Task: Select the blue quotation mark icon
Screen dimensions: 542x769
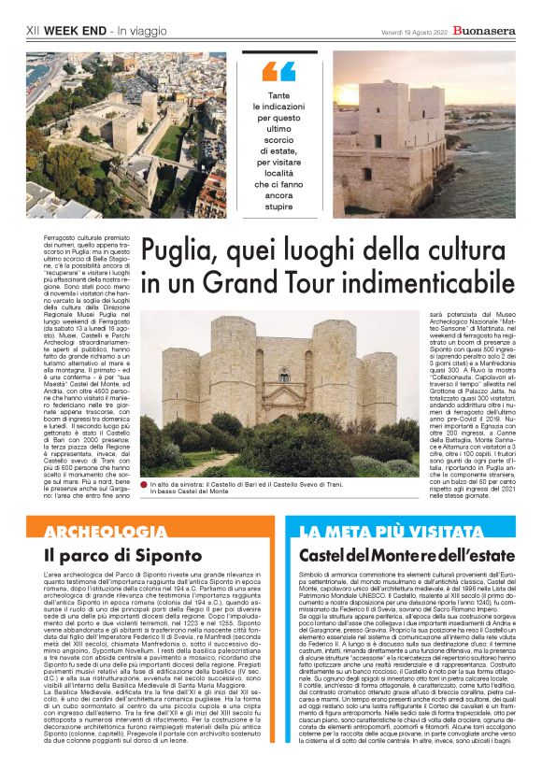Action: point(278,71)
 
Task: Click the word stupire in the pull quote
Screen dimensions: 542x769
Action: point(278,206)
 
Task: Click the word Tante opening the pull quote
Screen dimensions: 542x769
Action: point(278,96)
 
